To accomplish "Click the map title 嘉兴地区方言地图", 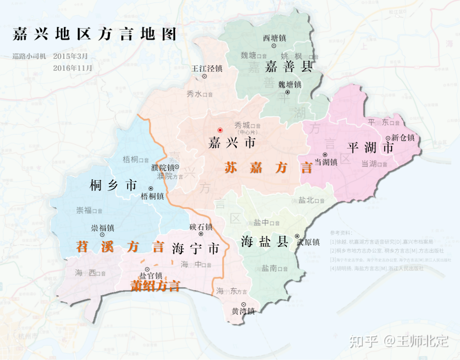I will click(x=94, y=35).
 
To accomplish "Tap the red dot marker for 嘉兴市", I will click(x=220, y=130).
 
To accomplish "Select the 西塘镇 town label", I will click(x=273, y=38).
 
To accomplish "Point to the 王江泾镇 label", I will click(x=207, y=68).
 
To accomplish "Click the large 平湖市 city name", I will click(x=370, y=148).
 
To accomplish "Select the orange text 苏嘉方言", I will click(x=268, y=168).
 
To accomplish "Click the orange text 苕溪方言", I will click(x=120, y=247).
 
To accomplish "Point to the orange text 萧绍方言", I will click(x=155, y=286).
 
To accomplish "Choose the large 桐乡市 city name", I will click(x=113, y=185).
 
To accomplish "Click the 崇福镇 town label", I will click(x=103, y=228).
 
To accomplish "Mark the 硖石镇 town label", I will click(x=201, y=227).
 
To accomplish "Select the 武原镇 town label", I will click(x=308, y=242).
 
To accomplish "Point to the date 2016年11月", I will click(x=72, y=67).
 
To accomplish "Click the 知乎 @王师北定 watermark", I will click(x=399, y=341).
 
